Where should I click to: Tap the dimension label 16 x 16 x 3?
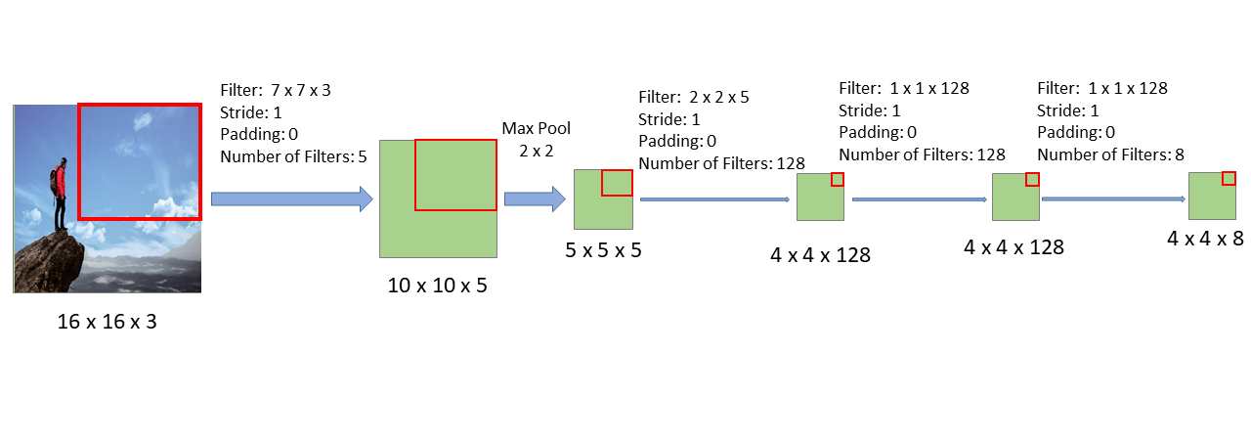pos(107,322)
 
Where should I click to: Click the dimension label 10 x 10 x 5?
pos(437,286)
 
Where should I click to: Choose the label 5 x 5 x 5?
pos(603,250)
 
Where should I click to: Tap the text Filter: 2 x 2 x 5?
pos(694,98)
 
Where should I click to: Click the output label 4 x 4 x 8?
pos(1205,238)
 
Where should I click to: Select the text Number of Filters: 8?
pos(1110,154)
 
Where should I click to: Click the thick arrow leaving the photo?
pos(291,199)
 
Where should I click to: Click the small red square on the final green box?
pos(1229,178)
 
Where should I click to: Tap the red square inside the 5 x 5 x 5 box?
pos(617,183)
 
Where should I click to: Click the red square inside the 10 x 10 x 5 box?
pos(455,175)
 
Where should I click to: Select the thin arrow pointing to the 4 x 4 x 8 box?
pos(1113,198)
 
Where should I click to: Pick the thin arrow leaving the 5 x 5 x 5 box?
pos(713,199)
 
